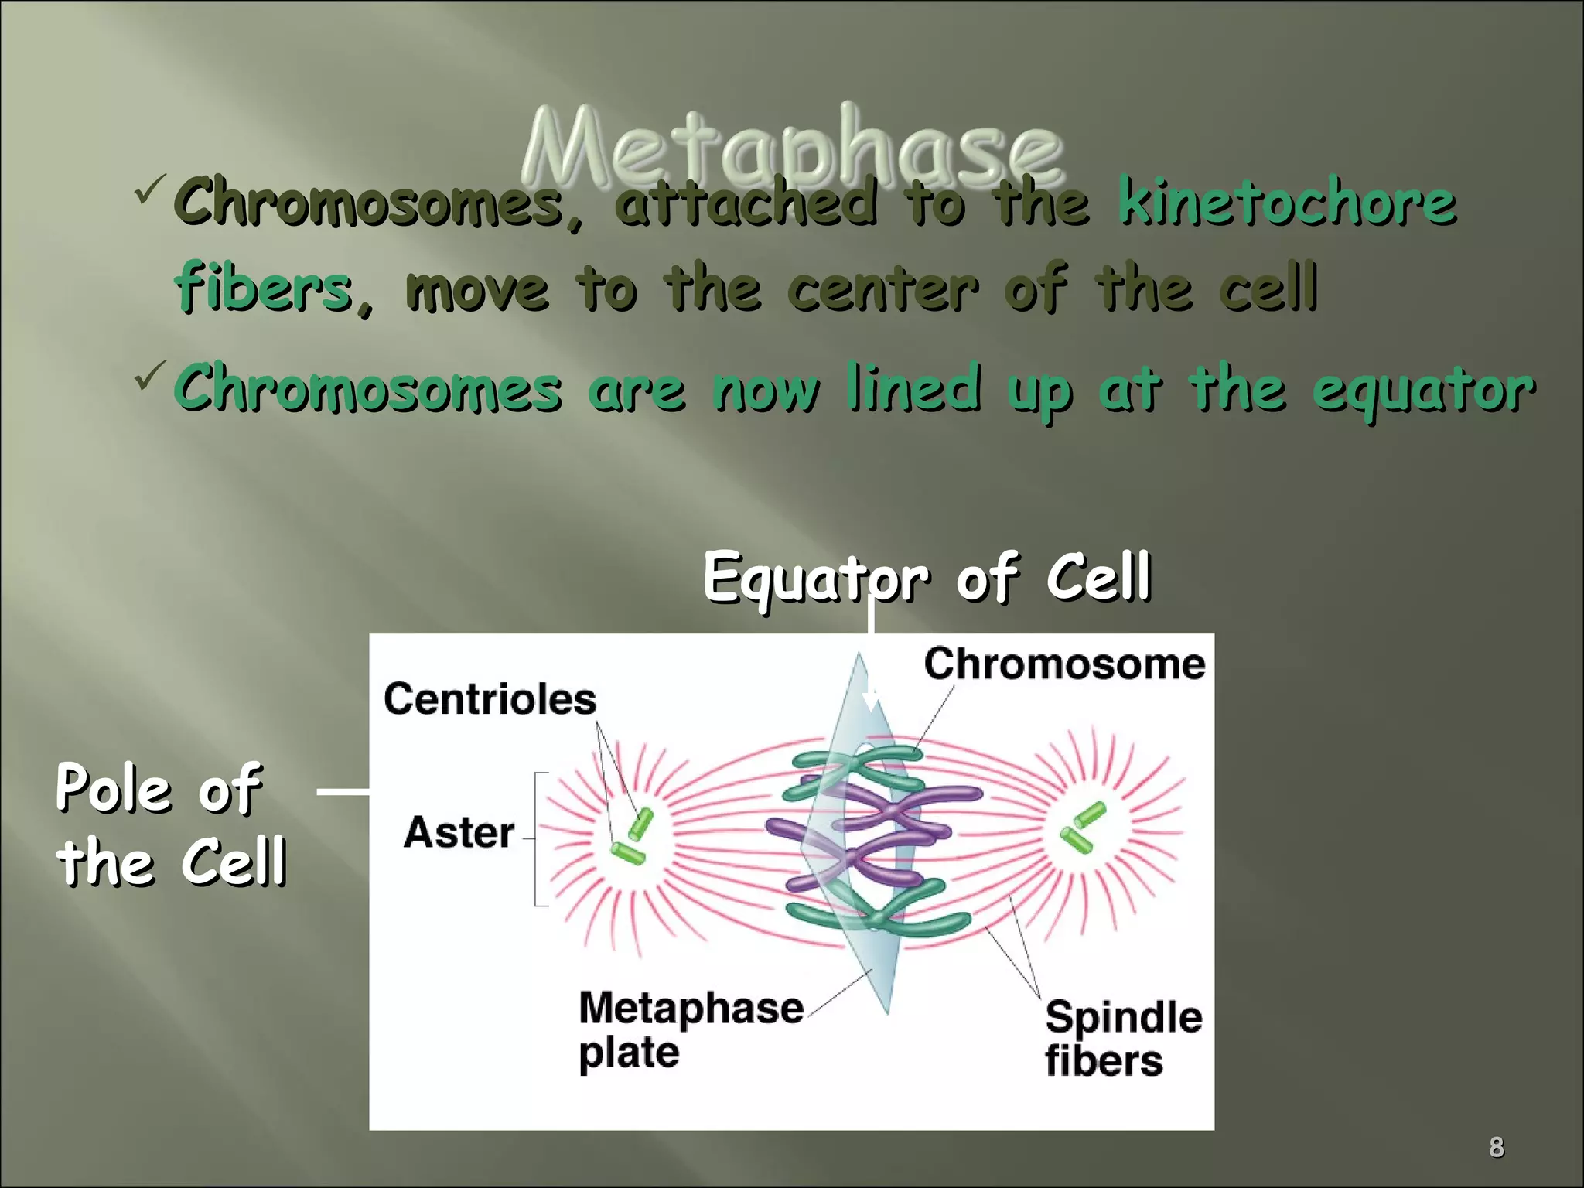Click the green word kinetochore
[1287, 203]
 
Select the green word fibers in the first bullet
[263, 288]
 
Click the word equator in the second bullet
[1423, 391]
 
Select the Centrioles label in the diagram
[490, 699]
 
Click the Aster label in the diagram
[459, 833]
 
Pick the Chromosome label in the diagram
[1064, 664]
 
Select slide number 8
[1496, 1147]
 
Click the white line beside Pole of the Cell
[343, 791]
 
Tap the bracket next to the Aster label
[538, 838]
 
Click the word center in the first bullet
[883, 290]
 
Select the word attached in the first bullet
[746, 203]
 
